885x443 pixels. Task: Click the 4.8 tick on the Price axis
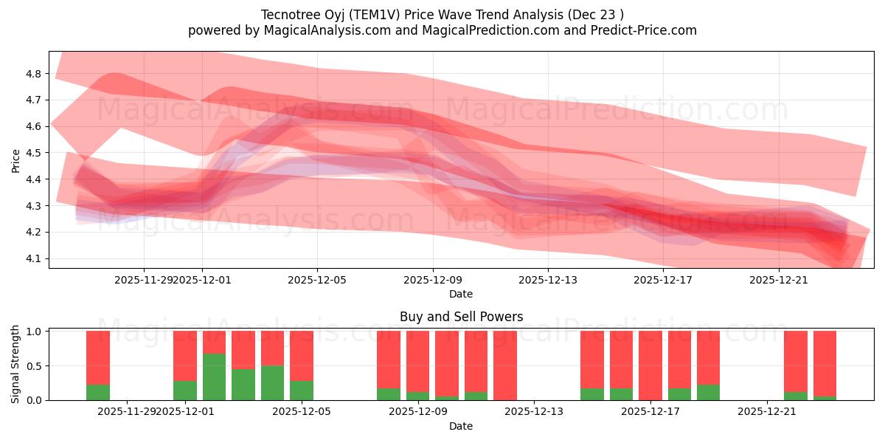click(x=33, y=73)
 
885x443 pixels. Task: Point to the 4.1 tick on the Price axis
click(x=33, y=258)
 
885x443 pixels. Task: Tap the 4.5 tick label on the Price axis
click(x=33, y=153)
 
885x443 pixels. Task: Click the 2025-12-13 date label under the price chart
click(x=548, y=280)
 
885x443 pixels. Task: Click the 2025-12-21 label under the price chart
click(x=779, y=280)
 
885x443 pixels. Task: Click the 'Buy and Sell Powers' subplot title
click(x=461, y=317)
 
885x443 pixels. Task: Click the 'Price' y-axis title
click(x=15, y=159)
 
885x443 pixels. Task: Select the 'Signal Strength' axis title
click(x=15, y=364)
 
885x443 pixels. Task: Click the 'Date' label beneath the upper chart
click(x=461, y=294)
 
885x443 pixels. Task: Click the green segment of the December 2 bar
click(x=214, y=377)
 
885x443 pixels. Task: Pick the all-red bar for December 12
click(x=505, y=365)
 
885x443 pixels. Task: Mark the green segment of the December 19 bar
click(x=708, y=392)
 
